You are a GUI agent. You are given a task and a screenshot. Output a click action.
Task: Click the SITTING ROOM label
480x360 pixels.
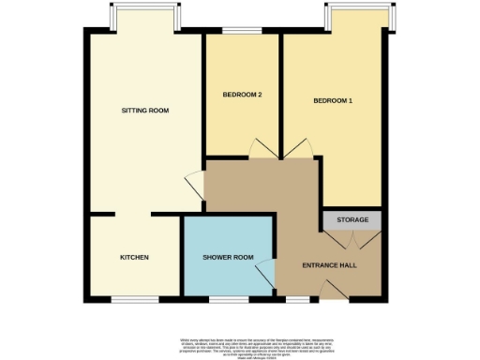pos(145,111)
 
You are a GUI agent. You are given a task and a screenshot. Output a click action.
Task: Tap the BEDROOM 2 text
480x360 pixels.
pos(242,96)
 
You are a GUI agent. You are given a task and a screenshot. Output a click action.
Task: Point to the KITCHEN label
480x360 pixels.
pos(134,257)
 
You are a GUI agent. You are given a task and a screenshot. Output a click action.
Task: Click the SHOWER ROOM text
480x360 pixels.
pos(229,258)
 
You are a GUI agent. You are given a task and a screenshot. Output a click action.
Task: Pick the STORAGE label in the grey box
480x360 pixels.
pos(352,220)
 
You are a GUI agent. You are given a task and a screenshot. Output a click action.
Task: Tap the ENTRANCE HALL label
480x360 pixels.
pos(327,265)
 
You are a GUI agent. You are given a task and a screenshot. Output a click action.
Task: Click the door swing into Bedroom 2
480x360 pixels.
pos(260,149)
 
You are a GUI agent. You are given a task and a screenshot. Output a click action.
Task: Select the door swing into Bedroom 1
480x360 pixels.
pos(301,149)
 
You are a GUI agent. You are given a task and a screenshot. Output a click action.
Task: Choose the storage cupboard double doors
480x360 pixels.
pos(352,240)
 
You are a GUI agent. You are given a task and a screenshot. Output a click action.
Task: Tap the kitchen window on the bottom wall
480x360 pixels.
pos(132,300)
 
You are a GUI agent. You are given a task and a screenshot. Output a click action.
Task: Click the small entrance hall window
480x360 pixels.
pos(297,300)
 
